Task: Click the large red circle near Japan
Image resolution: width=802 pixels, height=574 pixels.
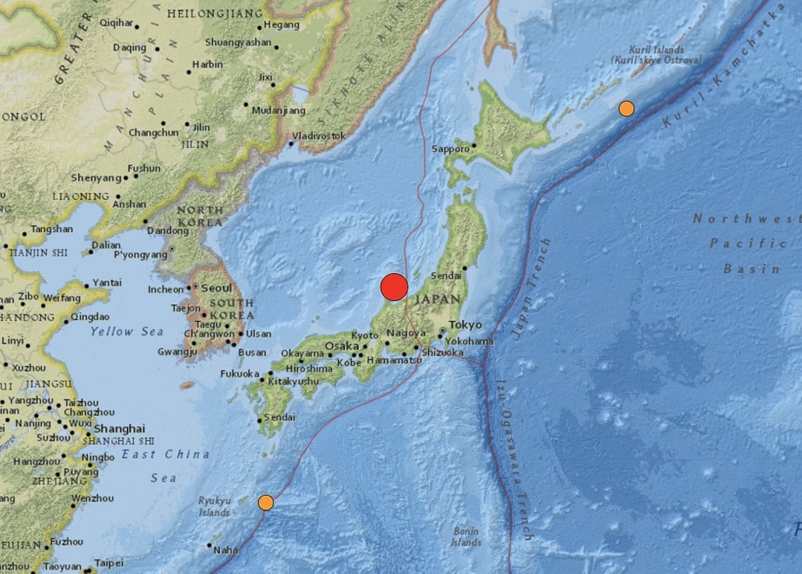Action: click(394, 288)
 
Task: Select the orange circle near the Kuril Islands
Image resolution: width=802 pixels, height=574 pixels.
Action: click(626, 108)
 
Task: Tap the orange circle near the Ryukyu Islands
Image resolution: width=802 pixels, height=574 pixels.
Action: click(266, 502)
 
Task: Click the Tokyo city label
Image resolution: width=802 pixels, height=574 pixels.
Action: click(465, 324)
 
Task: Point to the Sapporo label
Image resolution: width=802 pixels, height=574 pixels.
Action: click(450, 149)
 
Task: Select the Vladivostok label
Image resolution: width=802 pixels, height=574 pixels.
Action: click(319, 136)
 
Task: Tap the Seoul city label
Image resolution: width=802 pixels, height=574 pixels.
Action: click(217, 288)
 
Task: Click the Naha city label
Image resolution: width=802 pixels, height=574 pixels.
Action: click(226, 551)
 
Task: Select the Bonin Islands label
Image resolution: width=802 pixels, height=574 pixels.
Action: click(465, 537)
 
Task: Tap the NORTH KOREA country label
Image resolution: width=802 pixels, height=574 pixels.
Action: click(200, 216)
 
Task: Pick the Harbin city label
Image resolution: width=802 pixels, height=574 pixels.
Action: click(207, 65)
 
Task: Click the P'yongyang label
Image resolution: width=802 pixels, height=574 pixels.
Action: click(140, 255)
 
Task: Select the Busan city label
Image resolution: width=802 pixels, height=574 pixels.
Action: click(252, 353)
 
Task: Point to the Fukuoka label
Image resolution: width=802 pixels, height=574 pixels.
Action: click(240, 374)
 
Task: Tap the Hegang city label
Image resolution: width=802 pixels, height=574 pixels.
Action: click(281, 25)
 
